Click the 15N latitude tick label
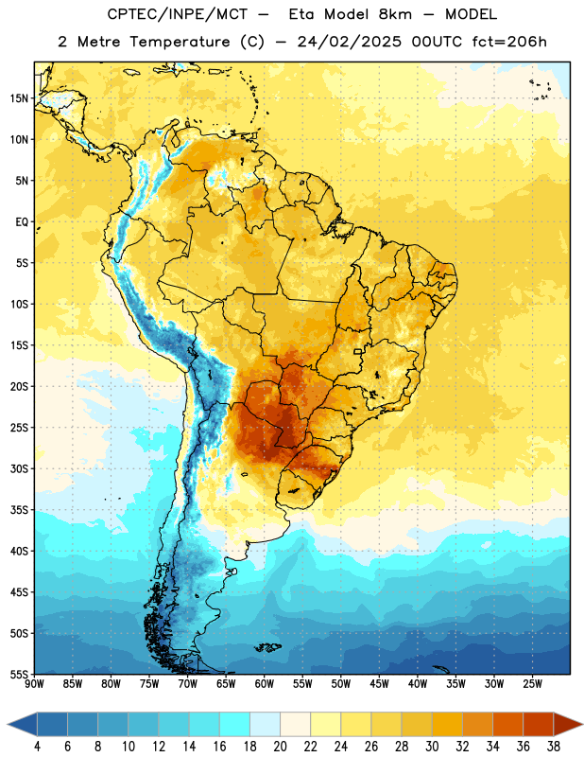(19, 98)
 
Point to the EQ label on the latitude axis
(22, 222)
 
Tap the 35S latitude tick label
(19, 510)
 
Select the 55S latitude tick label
(19, 674)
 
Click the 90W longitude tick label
(34, 683)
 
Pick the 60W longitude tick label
(265, 683)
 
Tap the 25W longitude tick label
(532, 683)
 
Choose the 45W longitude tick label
(379, 683)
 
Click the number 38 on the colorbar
(554, 747)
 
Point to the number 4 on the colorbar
(37, 747)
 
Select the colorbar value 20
(280, 747)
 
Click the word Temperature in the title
(180, 42)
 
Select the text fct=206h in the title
(509, 42)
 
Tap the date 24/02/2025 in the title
(349, 42)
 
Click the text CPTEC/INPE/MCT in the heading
(177, 14)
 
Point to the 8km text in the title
(395, 14)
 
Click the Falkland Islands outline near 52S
(267, 647)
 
